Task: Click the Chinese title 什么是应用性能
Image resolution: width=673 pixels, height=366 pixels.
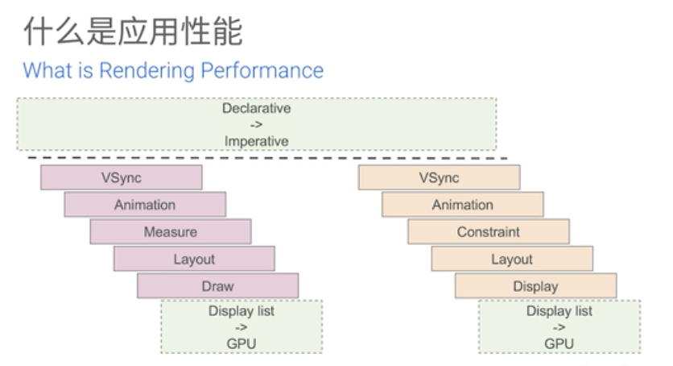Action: (133, 31)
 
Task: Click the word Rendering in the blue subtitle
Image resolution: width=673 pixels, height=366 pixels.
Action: (147, 71)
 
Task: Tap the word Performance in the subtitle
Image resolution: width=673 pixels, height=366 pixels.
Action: (262, 70)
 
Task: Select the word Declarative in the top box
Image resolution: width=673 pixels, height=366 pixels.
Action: (256, 108)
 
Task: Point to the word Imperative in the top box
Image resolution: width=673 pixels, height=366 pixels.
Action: (256, 141)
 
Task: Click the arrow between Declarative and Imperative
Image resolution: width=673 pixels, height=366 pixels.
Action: (256, 125)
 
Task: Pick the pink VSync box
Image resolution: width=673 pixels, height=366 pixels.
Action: (122, 177)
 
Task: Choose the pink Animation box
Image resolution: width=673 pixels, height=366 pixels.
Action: (145, 205)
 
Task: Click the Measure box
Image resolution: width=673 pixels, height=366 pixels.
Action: (171, 231)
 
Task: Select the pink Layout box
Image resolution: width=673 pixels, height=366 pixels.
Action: (195, 259)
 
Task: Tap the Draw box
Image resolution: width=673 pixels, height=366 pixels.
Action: (218, 285)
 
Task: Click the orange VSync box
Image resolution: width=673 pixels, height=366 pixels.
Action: (439, 177)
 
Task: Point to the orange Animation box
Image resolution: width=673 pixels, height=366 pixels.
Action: (463, 205)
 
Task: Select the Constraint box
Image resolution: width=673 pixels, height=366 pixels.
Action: (489, 231)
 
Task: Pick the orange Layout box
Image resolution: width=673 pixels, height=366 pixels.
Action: (512, 259)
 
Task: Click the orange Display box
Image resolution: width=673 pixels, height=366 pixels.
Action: (536, 285)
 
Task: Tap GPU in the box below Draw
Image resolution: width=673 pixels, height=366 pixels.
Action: (242, 343)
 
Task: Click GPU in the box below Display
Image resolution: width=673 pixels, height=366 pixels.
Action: (559, 343)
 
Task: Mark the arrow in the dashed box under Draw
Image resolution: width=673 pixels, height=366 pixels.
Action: (242, 327)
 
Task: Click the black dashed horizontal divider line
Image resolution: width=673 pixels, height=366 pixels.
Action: (267, 158)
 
